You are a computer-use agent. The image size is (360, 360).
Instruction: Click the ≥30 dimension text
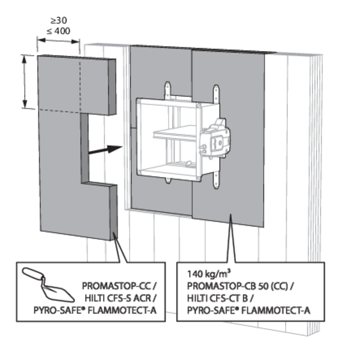59,19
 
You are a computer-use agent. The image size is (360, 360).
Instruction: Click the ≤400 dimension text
59,28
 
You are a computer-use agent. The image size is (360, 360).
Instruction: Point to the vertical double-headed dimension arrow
25,82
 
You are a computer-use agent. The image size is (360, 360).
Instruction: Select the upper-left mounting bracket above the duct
169,91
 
